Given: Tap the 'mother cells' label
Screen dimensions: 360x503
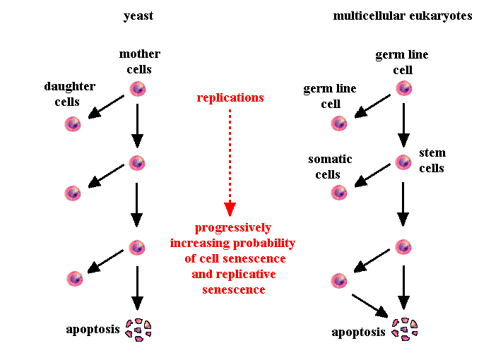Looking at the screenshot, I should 140,61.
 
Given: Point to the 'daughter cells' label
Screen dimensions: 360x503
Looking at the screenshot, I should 69,94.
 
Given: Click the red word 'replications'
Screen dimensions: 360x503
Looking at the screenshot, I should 230,97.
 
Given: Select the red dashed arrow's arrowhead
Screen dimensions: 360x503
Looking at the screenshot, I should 230,209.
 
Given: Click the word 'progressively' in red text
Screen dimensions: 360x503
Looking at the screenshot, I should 232,228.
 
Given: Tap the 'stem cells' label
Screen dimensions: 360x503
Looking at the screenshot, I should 432,160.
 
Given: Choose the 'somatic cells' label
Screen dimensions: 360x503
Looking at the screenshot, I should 329,167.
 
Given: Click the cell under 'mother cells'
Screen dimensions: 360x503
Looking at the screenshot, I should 137,89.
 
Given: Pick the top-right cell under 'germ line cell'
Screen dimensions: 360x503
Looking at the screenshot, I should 403,88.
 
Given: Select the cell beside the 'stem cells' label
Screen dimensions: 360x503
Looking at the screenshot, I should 403,162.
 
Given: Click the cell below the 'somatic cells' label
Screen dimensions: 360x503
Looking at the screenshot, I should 339,193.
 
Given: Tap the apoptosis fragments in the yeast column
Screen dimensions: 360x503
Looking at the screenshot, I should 138,329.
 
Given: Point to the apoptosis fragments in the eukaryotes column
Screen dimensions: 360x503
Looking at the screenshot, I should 403,329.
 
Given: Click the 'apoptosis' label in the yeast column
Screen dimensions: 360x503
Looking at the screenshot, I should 93,329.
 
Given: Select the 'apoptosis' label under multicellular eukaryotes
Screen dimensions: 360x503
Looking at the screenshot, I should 359,331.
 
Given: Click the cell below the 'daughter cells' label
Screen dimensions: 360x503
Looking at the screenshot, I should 73,124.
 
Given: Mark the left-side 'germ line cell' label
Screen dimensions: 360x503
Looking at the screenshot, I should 329,96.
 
